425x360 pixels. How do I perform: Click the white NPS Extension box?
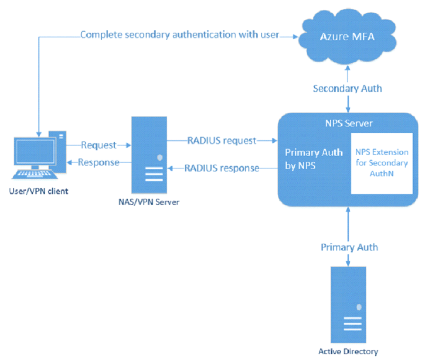[381, 163]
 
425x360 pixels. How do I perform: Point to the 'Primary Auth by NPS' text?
[308, 159]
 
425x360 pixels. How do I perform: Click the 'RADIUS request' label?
[221, 140]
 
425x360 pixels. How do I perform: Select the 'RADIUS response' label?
[221, 168]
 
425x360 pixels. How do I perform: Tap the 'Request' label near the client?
[98, 145]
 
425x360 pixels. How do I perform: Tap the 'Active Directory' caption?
[349, 351]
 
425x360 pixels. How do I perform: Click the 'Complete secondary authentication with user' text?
[180, 35]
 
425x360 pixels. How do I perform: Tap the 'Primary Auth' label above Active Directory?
[349, 247]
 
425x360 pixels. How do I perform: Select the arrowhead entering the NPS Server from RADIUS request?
[274, 140]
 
